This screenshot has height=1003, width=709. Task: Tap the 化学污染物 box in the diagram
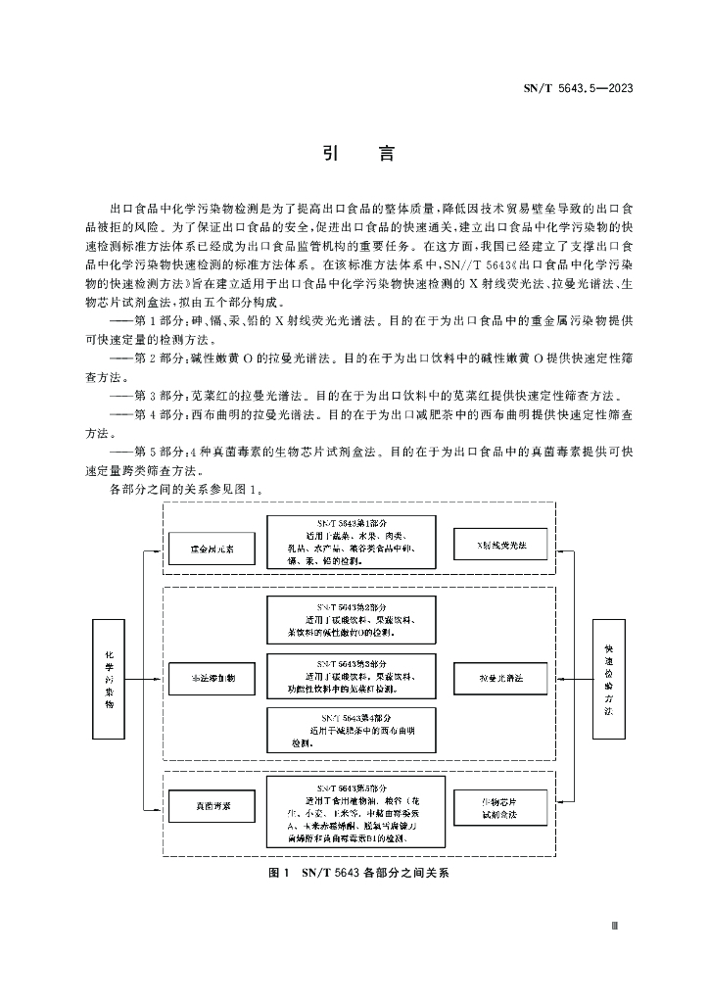pyautogui.click(x=110, y=678)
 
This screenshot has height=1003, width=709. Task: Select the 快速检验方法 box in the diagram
pyautogui.click(x=608, y=678)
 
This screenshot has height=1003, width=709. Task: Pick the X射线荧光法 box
pyautogui.click(x=499, y=544)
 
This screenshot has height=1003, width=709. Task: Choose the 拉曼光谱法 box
pyautogui.click(x=499, y=677)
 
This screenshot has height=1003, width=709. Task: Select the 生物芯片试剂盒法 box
pyautogui.click(x=499, y=806)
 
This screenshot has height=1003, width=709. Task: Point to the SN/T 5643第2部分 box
pyautogui.click(x=351, y=620)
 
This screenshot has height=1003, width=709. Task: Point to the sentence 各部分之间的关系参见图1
pyautogui.click(x=186, y=487)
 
